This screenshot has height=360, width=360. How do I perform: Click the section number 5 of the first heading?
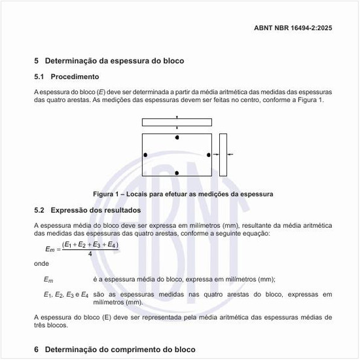[37, 61]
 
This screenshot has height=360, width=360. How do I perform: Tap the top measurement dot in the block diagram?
[177, 137]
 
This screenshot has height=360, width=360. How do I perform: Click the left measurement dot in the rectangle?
[145, 155]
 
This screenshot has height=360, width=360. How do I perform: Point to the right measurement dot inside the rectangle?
[209, 155]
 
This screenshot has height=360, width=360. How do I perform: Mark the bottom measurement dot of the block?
[177, 173]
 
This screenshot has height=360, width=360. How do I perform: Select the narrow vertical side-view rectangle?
[223, 155]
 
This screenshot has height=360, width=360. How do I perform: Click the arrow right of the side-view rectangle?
[231, 155]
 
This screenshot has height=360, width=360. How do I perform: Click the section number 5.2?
[39, 211]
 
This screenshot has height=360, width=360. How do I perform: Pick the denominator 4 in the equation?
[90, 253]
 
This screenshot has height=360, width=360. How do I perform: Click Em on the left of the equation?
[50, 249]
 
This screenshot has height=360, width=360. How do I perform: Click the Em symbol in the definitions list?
[48, 279]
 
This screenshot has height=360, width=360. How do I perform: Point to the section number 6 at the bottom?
[37, 350]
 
